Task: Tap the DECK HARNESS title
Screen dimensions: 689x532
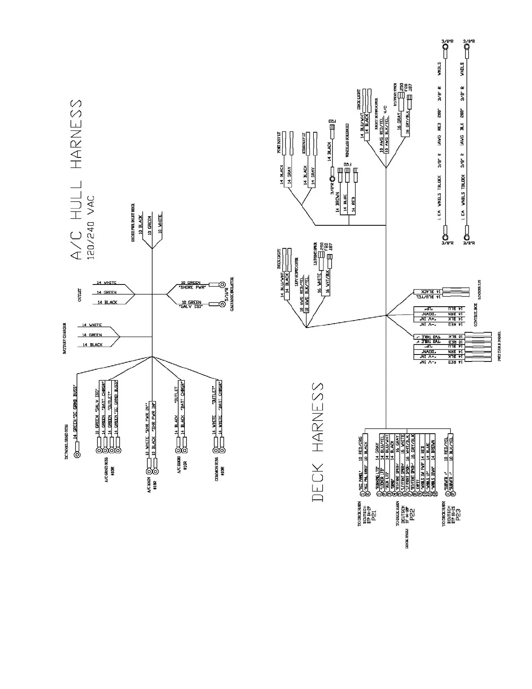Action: click(318, 442)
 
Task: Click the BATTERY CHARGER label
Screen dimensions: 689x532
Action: click(64, 338)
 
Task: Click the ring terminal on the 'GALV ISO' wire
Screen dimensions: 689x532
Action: click(222, 304)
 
